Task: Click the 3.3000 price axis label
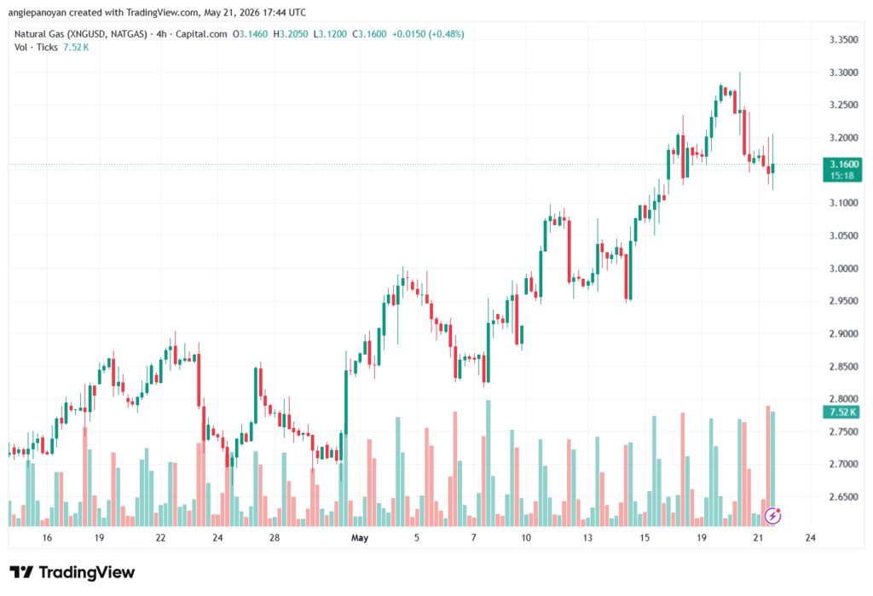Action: tap(843, 72)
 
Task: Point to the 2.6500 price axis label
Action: tap(843, 497)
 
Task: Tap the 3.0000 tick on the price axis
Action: tap(843, 269)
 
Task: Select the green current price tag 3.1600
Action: tap(842, 170)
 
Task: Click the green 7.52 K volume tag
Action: tap(842, 412)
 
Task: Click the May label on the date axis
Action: tap(360, 538)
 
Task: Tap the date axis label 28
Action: tap(275, 538)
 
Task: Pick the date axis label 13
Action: tap(587, 538)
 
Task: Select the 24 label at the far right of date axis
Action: tap(811, 538)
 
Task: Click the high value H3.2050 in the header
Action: tap(291, 34)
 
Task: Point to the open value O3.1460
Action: tap(250, 34)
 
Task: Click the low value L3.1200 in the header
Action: tap(330, 34)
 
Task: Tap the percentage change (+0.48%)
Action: tap(446, 34)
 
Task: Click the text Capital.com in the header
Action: tap(201, 34)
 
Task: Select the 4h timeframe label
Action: tap(161, 34)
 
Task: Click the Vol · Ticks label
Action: tap(36, 48)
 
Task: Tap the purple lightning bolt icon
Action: tap(772, 517)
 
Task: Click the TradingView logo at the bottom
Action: tap(72, 573)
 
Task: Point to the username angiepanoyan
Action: tap(38, 12)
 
